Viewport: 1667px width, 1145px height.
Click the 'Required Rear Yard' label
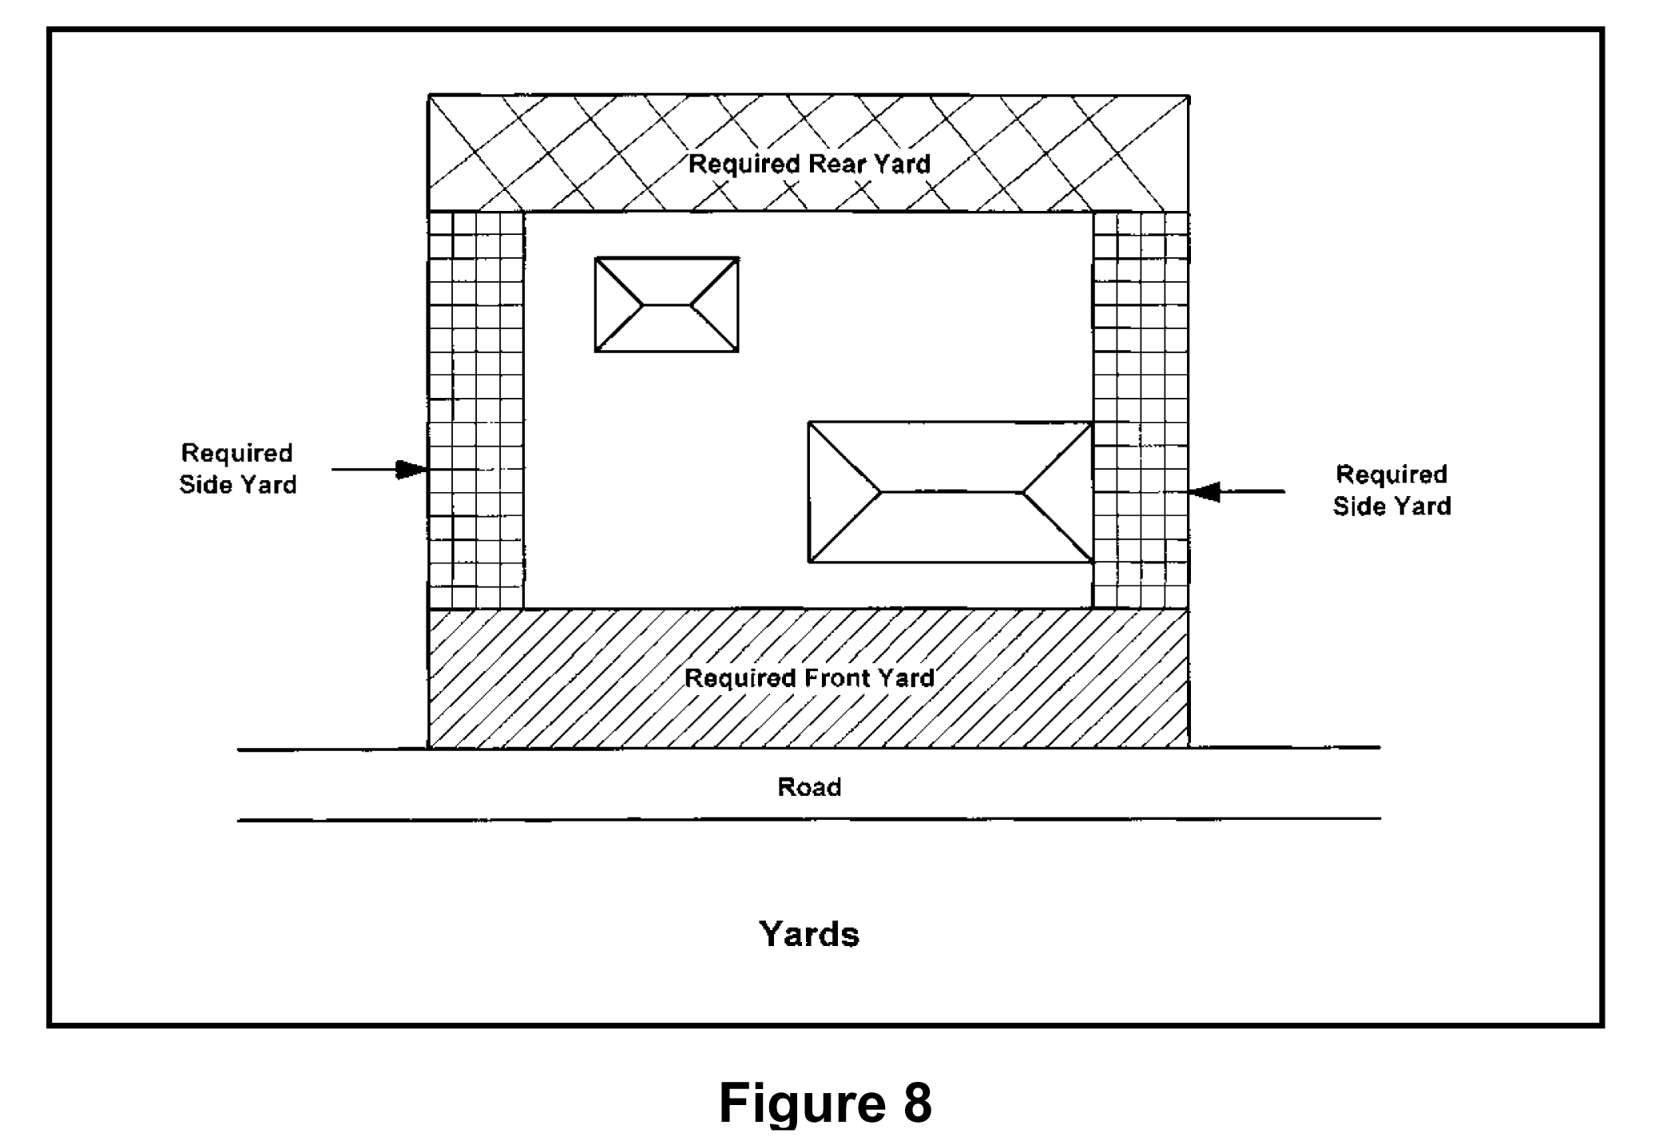[x=809, y=165]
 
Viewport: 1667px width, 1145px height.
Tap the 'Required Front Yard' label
[x=809, y=678]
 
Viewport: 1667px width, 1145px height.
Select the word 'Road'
[x=809, y=787]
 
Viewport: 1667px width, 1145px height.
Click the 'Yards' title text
[x=809, y=933]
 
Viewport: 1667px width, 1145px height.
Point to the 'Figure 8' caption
[x=825, y=1103]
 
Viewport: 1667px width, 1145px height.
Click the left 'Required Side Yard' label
[x=238, y=469]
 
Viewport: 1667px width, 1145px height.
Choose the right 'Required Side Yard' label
[x=1391, y=491]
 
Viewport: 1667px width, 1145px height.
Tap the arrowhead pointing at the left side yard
[x=412, y=469]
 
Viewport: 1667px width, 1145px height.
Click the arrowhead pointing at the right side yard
[x=1205, y=491]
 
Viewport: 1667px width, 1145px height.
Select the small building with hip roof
[x=667, y=304]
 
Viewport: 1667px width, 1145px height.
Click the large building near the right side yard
[x=951, y=492]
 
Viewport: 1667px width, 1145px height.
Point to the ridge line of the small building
[x=667, y=304]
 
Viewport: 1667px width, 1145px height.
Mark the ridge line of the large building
[x=951, y=492]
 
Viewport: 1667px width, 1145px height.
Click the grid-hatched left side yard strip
[x=476, y=410]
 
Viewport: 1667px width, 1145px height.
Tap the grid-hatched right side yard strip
[x=1141, y=410]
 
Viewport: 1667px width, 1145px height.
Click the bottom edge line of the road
[x=809, y=819]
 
